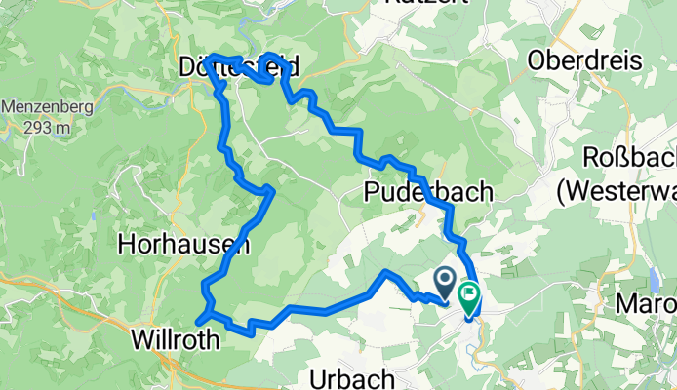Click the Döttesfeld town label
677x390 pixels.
pyautogui.click(x=238, y=66)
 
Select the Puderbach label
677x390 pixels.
pyautogui.click(x=428, y=191)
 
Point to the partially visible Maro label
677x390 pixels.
pyautogui.click(x=646, y=304)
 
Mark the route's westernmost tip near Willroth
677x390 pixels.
pyautogui.click(x=198, y=319)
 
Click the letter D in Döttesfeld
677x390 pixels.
pyautogui.click(x=188, y=66)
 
